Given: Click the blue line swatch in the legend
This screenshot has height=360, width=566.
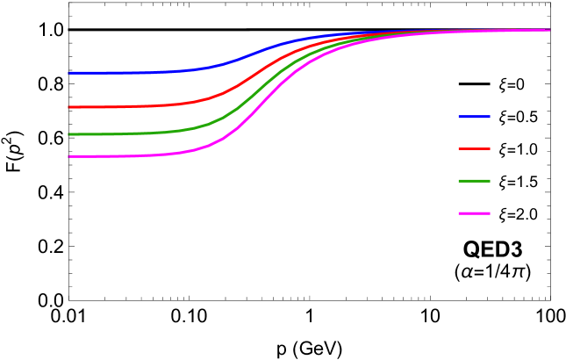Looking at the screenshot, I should point(474,117).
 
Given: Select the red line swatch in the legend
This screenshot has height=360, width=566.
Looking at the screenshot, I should point(474,148).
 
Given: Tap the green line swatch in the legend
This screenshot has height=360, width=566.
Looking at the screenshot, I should point(474,181).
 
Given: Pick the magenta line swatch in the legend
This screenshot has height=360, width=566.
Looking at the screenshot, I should point(474,213).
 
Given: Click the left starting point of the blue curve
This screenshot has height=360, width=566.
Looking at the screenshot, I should point(69,73).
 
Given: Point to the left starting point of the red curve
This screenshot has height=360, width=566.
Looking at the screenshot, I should point(69,107).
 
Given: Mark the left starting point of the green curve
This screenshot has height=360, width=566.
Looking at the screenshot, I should point(69,134).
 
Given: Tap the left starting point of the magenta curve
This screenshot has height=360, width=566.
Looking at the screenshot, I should point(69,156).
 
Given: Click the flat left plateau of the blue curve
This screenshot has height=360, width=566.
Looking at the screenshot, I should point(114,73).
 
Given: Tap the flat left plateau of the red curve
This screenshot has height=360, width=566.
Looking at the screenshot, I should point(114,107).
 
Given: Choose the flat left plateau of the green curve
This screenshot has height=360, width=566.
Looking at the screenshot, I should point(114,134).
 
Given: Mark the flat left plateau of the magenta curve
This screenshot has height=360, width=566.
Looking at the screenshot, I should point(114,156).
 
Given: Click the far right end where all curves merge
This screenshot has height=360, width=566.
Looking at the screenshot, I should point(548,30).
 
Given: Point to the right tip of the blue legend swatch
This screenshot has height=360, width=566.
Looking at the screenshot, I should point(490,117).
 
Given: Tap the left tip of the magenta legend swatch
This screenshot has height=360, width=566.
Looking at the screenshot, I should point(459,213).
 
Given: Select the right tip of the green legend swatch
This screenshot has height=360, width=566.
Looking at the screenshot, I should point(490,181).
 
